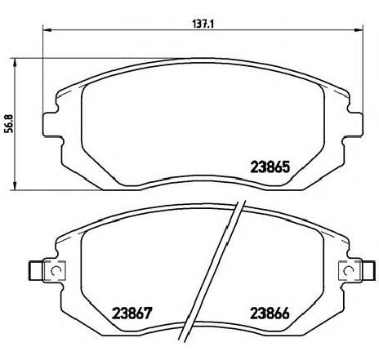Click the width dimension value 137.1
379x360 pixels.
203,24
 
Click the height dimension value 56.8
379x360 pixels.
9,124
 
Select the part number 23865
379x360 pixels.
270,167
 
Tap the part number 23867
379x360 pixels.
132,313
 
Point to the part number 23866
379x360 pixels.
270,313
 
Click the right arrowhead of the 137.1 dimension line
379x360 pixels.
359,29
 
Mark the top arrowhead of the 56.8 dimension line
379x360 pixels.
15,62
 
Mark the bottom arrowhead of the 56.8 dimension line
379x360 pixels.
15,186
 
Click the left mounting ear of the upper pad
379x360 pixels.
51,124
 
